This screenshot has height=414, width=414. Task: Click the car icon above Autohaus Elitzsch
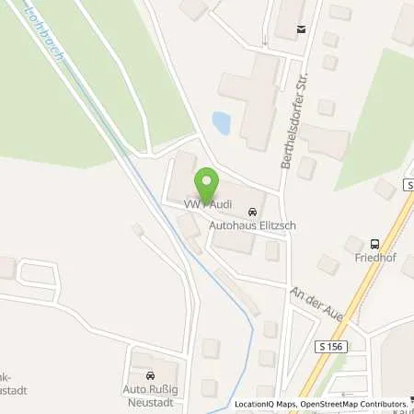[x=253, y=210]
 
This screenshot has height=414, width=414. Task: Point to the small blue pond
[x=222, y=121]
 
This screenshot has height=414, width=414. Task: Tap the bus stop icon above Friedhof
[x=374, y=244]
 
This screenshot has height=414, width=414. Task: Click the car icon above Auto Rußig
[x=150, y=375]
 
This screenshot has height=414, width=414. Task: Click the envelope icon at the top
[x=300, y=30]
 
